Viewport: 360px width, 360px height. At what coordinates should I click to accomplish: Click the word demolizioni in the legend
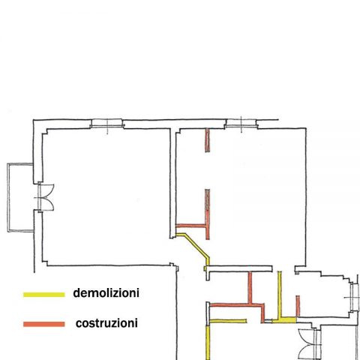coord(106,293)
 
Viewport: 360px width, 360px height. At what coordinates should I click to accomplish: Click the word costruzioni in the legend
coord(106,323)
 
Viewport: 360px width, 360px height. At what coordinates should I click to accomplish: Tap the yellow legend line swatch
coord(44,295)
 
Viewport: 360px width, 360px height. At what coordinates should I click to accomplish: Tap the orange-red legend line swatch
coord(44,324)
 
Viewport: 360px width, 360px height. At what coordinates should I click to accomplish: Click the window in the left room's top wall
coord(107,124)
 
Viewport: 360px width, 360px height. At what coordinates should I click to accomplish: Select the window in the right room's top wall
coord(241,124)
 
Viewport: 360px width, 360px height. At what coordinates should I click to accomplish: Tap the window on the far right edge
coord(353,297)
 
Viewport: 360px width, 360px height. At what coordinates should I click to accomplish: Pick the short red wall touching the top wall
coord(208,140)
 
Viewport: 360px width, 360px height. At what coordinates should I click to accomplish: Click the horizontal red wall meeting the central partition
coord(190,226)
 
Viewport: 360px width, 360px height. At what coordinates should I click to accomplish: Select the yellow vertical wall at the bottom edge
coord(208,343)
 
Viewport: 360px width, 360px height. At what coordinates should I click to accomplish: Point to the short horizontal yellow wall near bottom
coord(228,321)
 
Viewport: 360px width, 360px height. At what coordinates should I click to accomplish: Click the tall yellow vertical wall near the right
coord(280,295)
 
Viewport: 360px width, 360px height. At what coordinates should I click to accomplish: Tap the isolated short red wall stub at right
coord(298,306)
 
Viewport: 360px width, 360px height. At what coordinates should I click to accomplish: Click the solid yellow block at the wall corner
coord(284,320)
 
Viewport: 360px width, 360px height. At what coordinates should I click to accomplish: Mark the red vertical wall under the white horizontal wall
coord(250,287)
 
